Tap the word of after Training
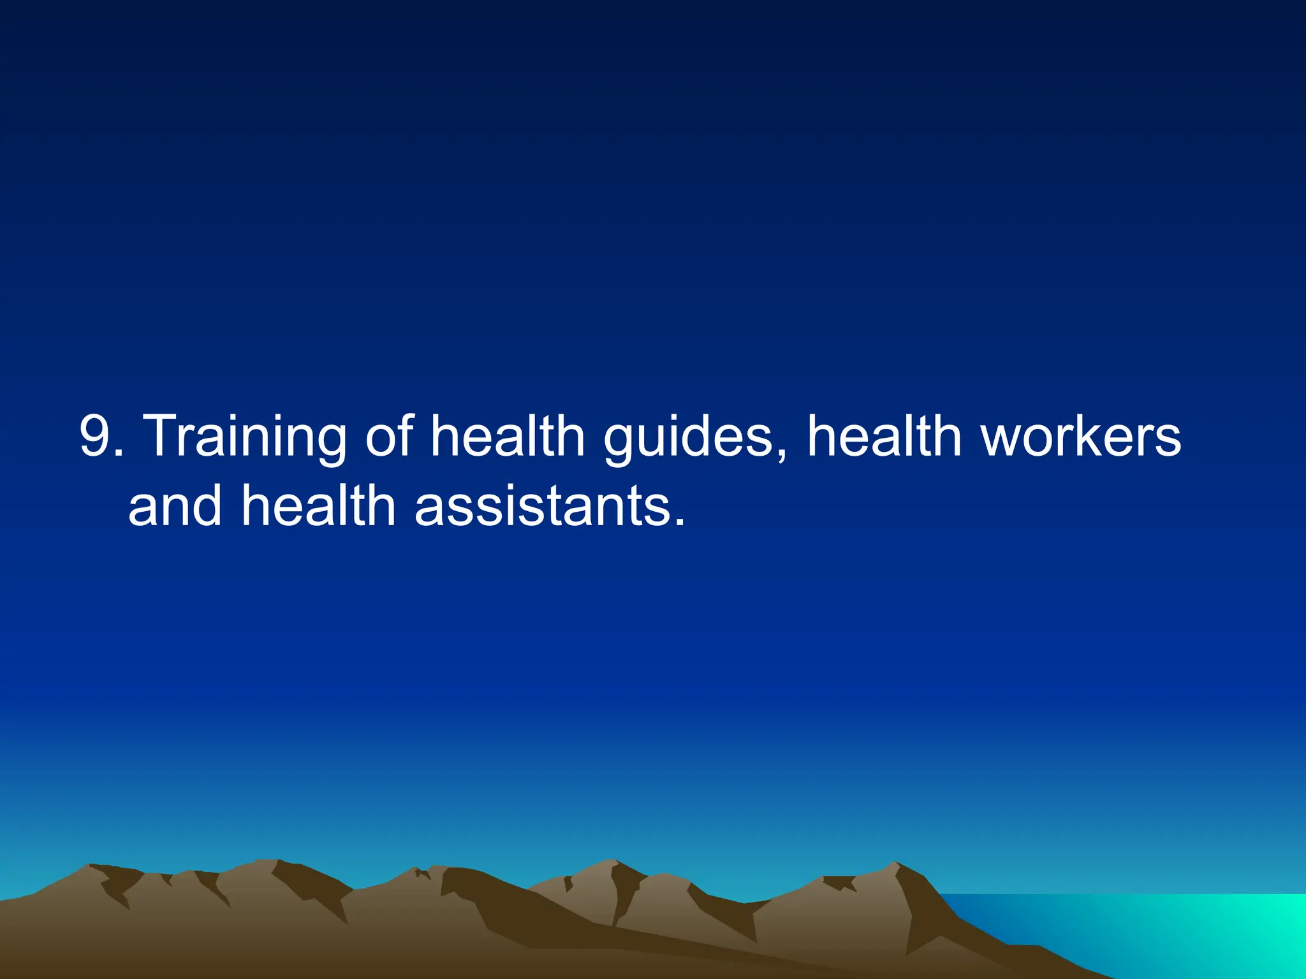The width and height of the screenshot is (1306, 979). pos(389,437)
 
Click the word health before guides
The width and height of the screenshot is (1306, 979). pos(508,437)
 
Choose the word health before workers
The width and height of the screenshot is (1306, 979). pos(884,437)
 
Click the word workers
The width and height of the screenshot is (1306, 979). pos(1082,437)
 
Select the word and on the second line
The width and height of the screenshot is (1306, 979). pos(175,507)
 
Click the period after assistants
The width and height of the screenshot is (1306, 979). pos(679,521)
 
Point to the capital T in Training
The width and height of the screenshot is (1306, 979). pos(167,435)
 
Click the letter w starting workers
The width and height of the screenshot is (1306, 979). pos(1004,443)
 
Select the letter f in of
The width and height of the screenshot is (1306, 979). pos(406,435)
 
